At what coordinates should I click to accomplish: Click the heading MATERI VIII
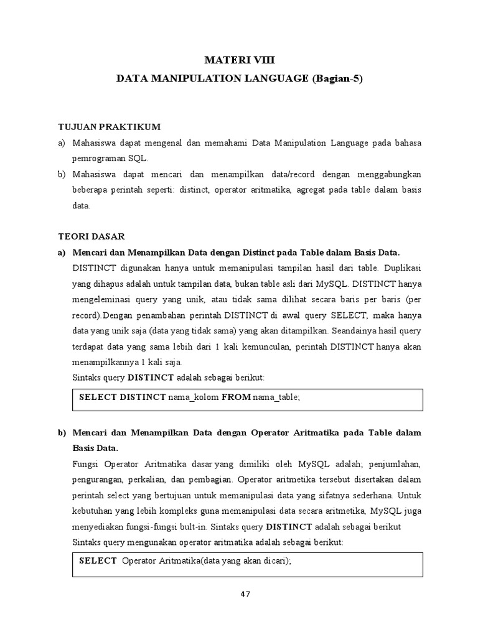[x=239, y=60]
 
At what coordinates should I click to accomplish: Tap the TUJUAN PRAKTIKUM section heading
[x=109, y=127]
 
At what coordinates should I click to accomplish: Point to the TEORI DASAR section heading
[x=91, y=236]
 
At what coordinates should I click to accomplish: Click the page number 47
[x=245, y=593]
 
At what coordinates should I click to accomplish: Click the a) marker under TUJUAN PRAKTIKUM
[x=62, y=143]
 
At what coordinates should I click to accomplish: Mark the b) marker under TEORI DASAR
[x=62, y=432]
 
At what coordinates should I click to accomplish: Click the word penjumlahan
[x=395, y=464]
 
